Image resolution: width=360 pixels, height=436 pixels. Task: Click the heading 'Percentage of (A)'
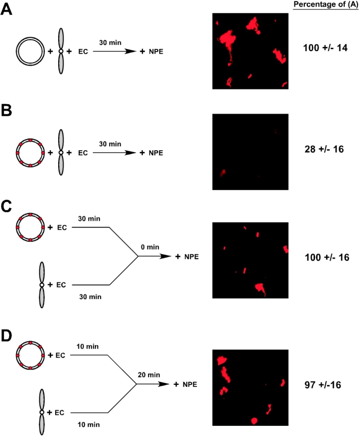[325, 5]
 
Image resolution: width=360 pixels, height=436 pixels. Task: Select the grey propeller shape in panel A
[61, 51]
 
